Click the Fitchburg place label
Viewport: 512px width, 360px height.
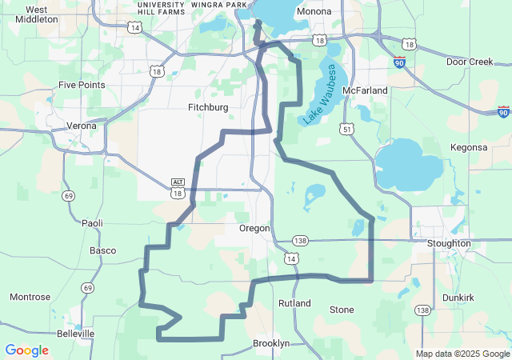click(208, 107)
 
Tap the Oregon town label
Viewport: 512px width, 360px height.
click(254, 228)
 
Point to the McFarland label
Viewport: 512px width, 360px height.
click(364, 90)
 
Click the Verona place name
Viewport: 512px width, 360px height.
click(80, 126)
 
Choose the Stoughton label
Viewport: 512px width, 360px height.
click(449, 243)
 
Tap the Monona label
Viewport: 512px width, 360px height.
click(314, 12)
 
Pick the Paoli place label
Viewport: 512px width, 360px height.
click(91, 223)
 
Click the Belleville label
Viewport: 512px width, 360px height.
click(75, 333)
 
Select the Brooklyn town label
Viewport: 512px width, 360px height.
click(271, 343)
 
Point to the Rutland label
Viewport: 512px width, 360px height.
click(294, 304)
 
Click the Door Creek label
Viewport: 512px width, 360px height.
click(470, 62)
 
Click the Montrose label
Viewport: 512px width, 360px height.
click(30, 297)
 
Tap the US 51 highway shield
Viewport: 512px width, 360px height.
click(346, 128)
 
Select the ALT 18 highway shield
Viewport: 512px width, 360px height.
click(178, 188)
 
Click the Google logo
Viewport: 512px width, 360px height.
click(26, 350)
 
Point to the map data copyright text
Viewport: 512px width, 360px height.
click(462, 354)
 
